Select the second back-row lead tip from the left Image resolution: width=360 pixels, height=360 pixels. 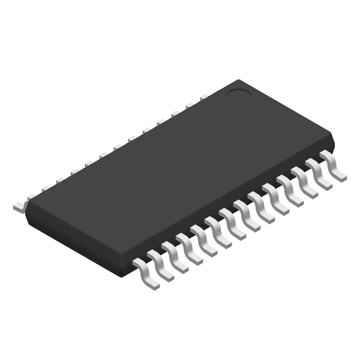pyautogui.click(x=31, y=195)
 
